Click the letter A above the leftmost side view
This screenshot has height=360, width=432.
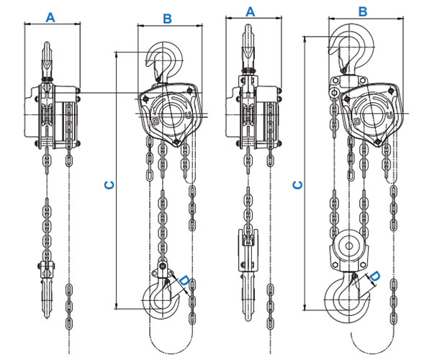[x=51, y=16]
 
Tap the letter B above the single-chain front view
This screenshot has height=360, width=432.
[x=167, y=18]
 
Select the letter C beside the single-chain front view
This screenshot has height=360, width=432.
[x=109, y=185]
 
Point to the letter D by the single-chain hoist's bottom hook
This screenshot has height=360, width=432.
[x=184, y=281]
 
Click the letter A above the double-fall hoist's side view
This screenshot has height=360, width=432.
[x=251, y=12]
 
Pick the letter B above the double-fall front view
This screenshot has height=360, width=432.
[x=363, y=12]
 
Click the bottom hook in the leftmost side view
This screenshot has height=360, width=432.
[x=48, y=295]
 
